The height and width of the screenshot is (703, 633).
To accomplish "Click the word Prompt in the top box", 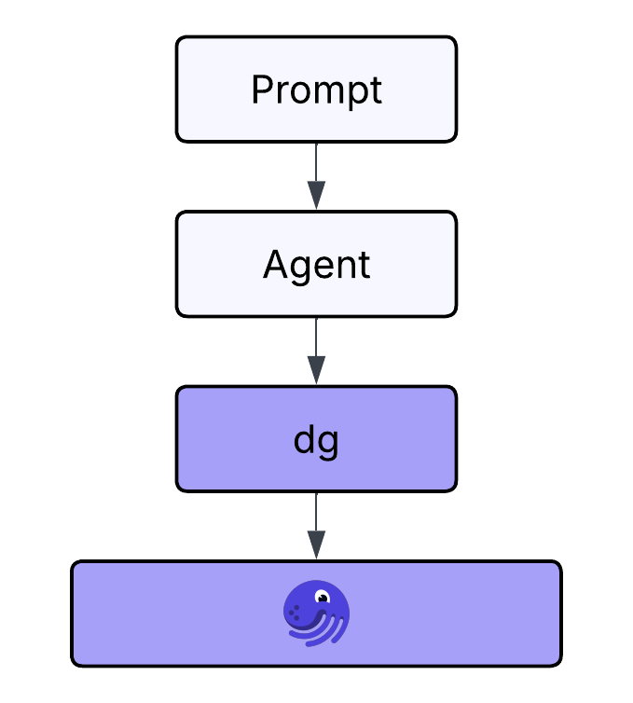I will point(316,90).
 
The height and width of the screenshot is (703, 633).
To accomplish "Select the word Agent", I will point(316,266).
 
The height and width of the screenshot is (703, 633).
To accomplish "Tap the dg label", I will point(316,440).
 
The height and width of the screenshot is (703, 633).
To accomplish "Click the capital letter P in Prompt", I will point(262,90).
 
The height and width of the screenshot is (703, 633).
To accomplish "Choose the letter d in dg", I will point(305,439).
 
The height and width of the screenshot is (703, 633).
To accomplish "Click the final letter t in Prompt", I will point(376,90).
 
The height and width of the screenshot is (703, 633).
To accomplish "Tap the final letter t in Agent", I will point(364,266).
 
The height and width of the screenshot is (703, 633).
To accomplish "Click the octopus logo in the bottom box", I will point(316,613).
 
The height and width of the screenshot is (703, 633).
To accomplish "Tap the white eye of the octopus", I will point(323,597).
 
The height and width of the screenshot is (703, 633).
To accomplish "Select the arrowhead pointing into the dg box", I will point(316,370).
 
